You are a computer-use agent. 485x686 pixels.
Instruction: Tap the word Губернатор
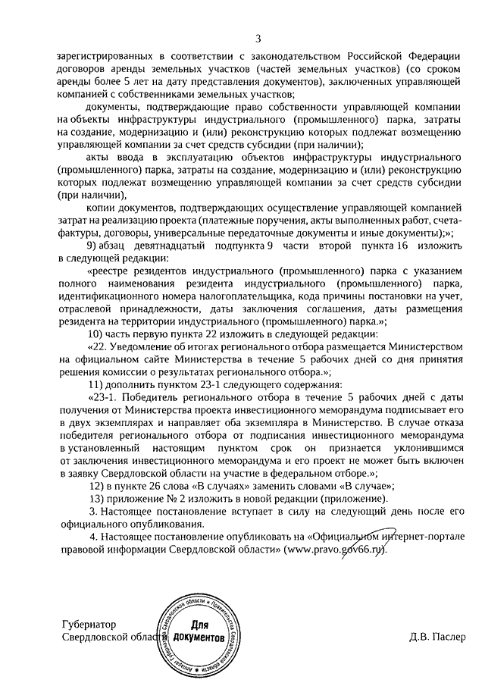[90, 625]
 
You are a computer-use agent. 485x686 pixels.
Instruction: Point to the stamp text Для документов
[199, 631]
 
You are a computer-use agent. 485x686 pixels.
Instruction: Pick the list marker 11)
[97, 384]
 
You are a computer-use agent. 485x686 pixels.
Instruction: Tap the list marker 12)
[97, 486]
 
